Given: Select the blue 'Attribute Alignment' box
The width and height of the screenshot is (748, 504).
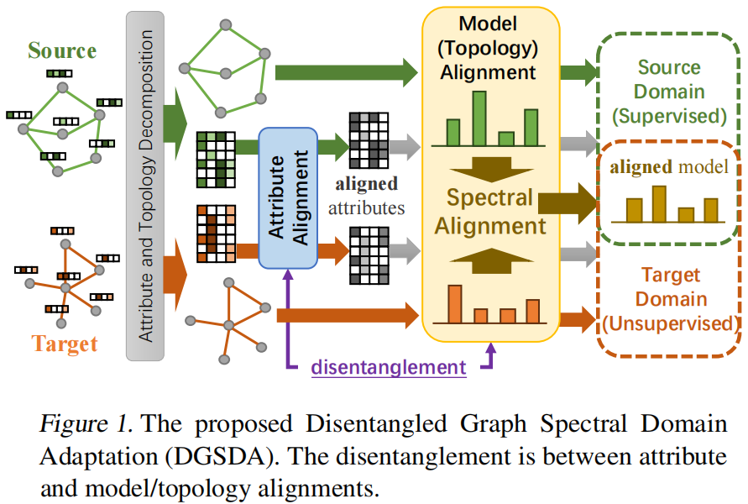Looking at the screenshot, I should pos(288,197).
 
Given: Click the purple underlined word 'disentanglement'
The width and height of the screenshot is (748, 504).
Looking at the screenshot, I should pos(388,366).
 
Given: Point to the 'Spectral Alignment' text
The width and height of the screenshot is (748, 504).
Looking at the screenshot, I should pos(489,212).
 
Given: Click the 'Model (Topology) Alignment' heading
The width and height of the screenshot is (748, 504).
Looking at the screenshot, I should pos(489,49).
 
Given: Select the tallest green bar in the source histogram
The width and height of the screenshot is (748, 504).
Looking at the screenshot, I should pos(479,118).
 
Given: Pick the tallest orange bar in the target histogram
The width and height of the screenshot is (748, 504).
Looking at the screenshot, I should pos(455,304).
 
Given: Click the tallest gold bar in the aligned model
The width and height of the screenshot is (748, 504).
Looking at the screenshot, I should pos(659,203).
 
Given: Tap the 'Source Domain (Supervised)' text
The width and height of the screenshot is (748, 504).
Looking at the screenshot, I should pos(668,91).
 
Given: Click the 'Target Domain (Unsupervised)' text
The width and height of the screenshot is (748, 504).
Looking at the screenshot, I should pos(669,299).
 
